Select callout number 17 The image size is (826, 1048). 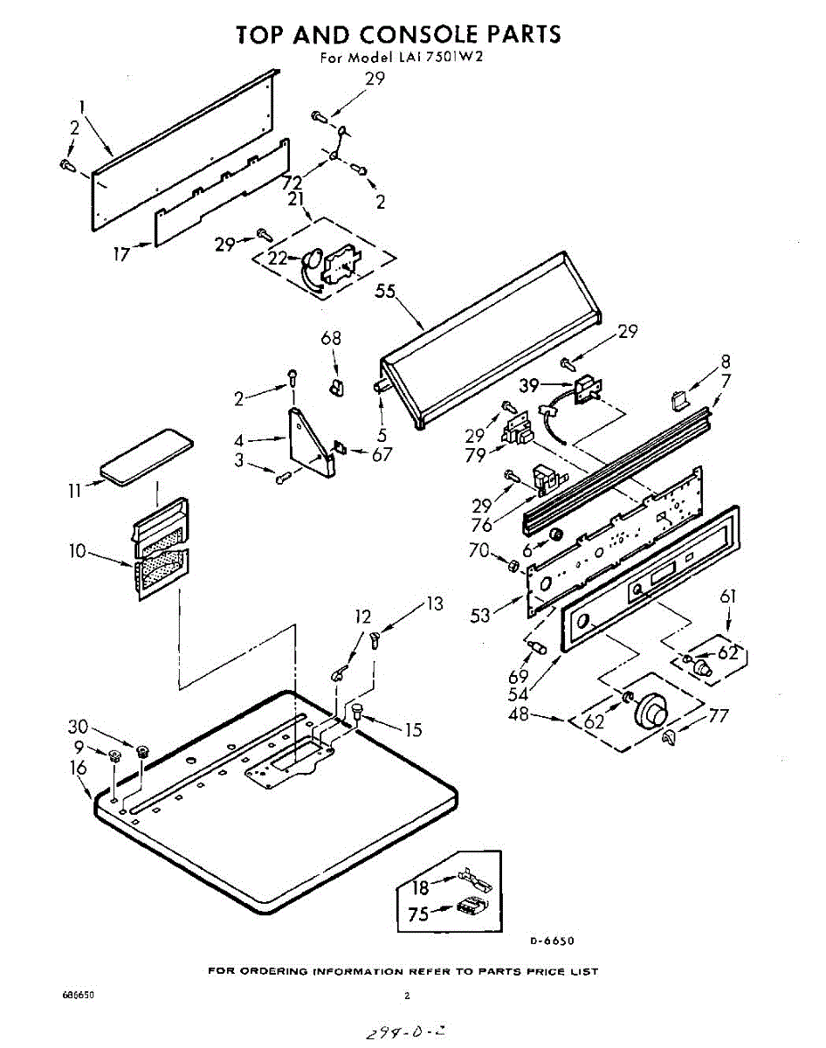click(x=121, y=255)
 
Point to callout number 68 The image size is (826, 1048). click(x=331, y=339)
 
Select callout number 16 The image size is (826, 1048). click(x=78, y=769)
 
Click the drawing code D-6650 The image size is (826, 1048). click(x=552, y=941)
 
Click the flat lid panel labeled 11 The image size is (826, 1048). click(x=146, y=453)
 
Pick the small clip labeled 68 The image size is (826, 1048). click(x=335, y=384)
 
